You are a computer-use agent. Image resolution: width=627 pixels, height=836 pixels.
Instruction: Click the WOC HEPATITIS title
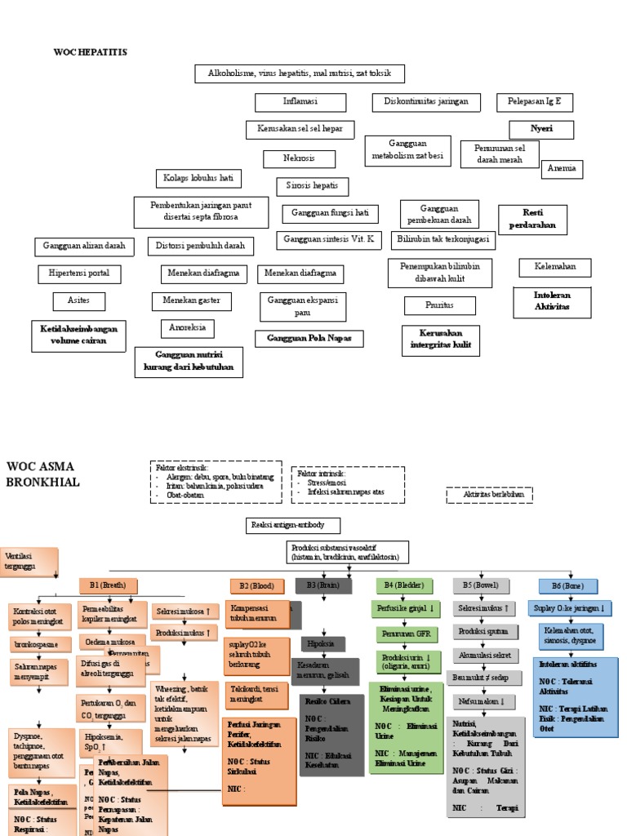(x=91, y=52)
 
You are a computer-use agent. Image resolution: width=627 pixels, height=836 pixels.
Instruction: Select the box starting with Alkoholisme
(x=300, y=74)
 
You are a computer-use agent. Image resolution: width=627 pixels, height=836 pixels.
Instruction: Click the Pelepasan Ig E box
(x=535, y=102)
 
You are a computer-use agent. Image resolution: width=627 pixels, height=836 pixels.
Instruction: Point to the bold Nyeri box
(x=541, y=129)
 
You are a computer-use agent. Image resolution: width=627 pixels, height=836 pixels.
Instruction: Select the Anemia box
(x=562, y=169)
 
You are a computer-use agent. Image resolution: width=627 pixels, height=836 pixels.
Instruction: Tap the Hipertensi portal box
(x=79, y=273)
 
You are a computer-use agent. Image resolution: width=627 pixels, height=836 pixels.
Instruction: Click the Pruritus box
(x=440, y=305)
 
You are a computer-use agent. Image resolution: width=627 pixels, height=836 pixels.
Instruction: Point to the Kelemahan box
(x=555, y=267)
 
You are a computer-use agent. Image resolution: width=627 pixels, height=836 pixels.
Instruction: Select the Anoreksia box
(x=187, y=328)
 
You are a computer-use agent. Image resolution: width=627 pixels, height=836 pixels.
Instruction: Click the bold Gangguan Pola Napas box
(x=309, y=339)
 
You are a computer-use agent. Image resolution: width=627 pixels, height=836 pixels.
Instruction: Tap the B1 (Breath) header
(x=108, y=585)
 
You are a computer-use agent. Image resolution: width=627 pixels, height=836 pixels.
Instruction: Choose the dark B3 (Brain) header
(x=322, y=585)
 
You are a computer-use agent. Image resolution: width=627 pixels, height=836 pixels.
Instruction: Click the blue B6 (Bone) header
(x=567, y=585)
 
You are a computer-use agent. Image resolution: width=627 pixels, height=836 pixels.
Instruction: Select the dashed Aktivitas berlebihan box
(x=489, y=495)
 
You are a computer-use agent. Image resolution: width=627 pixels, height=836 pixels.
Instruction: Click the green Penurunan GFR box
(x=406, y=634)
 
